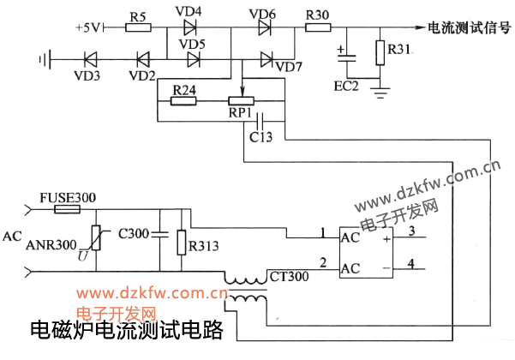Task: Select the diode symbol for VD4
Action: point(189,27)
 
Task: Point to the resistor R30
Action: point(317,27)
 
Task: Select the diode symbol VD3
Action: point(91,60)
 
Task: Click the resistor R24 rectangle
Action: point(184,100)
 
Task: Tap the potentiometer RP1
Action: point(244,100)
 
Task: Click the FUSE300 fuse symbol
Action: point(67,208)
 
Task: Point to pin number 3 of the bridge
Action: point(411,231)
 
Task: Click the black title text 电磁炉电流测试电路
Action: point(126,331)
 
